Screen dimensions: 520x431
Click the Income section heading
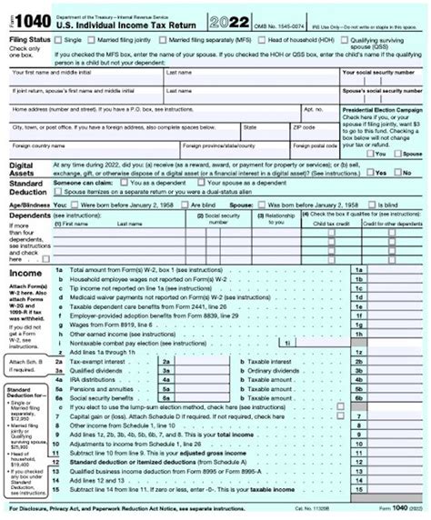[24, 272]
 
